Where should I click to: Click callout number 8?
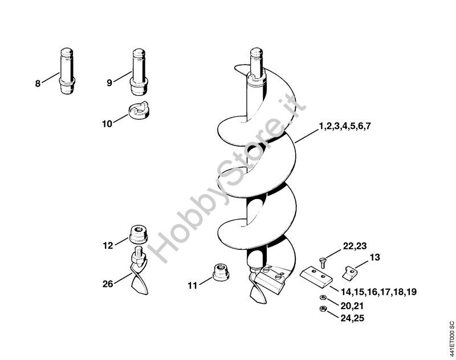38,83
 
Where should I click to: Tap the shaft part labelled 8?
67,71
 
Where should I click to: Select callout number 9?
109,83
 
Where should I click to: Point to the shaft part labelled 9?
139,71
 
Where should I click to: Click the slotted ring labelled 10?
139,110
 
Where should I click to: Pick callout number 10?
107,124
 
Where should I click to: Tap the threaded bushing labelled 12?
138,234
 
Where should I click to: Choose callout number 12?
108,246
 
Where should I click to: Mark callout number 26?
108,284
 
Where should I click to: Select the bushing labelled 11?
221,272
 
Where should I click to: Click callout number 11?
192,286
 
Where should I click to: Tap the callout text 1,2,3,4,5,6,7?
345,126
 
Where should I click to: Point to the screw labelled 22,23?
323,263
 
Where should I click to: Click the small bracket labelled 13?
349,273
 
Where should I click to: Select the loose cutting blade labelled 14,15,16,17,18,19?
316,277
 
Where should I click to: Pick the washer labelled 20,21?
323,297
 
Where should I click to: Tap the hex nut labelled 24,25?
323,309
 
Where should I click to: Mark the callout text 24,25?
352,318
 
